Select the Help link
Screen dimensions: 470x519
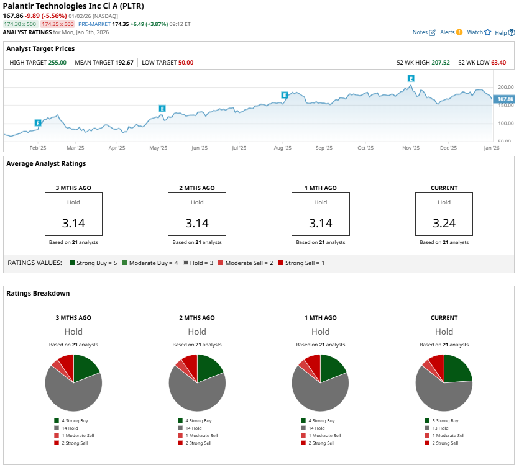[x=501, y=32]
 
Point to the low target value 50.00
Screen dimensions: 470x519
[x=185, y=63]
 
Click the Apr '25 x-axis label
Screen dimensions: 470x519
[x=117, y=148]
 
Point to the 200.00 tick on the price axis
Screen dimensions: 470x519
[x=505, y=88]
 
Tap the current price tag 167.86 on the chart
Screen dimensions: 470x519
[x=505, y=99]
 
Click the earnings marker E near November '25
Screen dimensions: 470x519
[x=411, y=78]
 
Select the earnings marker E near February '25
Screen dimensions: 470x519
[x=38, y=123]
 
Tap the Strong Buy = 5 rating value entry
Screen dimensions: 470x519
[x=94, y=263]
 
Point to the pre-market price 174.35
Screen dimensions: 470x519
[x=120, y=24]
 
